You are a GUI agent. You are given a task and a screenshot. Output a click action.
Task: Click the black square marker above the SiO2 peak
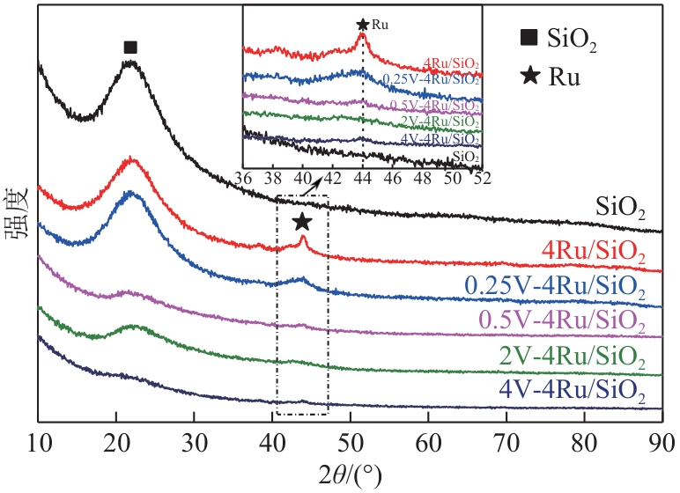pyautogui.click(x=130, y=47)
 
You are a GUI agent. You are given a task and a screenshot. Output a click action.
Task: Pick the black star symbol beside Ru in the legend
pyautogui.click(x=528, y=76)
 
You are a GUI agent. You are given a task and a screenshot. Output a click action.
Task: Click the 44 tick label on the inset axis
pyautogui.click(x=362, y=177)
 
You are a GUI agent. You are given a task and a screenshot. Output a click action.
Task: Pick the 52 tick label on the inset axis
pyautogui.click(x=481, y=177)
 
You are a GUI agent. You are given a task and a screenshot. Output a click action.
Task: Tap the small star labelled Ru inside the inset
pyautogui.click(x=362, y=26)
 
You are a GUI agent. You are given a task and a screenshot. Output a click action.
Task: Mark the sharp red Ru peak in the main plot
pyautogui.click(x=302, y=237)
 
